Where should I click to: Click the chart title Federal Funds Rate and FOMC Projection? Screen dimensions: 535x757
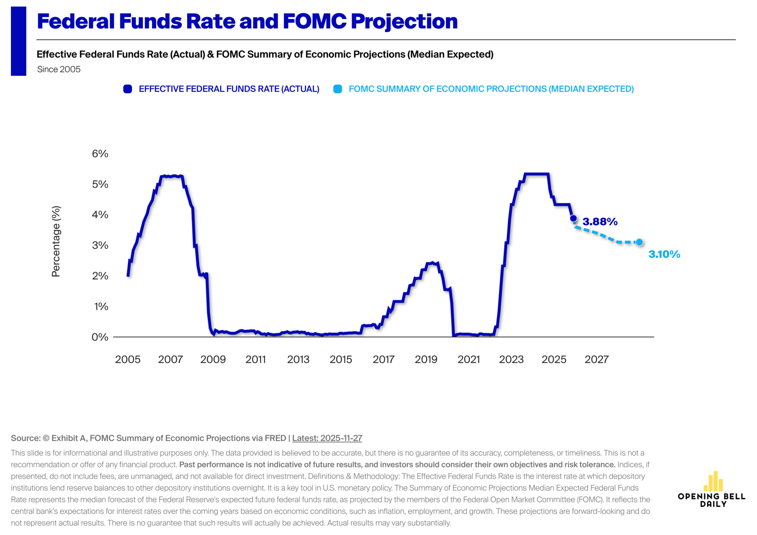(247, 21)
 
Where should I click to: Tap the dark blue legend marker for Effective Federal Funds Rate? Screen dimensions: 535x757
(127, 89)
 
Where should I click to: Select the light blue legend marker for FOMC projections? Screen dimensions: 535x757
(337, 89)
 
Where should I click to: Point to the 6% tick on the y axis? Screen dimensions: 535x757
(100, 154)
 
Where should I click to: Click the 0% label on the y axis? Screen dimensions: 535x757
(100, 337)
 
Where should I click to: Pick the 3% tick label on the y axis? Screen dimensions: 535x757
(100, 245)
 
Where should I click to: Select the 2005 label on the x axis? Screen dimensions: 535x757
(128, 359)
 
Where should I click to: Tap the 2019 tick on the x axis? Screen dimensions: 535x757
(426, 359)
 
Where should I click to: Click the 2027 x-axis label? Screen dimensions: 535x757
(597, 359)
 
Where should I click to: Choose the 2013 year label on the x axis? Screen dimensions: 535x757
(298, 359)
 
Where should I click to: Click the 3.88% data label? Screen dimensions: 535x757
(600, 222)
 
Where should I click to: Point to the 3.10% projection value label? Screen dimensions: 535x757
(664, 254)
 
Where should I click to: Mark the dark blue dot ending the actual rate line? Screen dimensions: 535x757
(573, 218)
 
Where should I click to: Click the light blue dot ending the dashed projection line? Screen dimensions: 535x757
(639, 242)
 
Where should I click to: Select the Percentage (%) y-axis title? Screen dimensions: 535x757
(56, 241)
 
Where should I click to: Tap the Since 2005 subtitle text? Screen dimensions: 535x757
(59, 69)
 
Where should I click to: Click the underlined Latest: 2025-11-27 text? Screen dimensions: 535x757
(327, 438)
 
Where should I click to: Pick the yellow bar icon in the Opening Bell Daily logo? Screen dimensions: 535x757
(713, 481)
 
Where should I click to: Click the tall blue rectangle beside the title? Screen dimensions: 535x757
(19, 41)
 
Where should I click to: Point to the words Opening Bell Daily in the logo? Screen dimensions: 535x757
(712, 500)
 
